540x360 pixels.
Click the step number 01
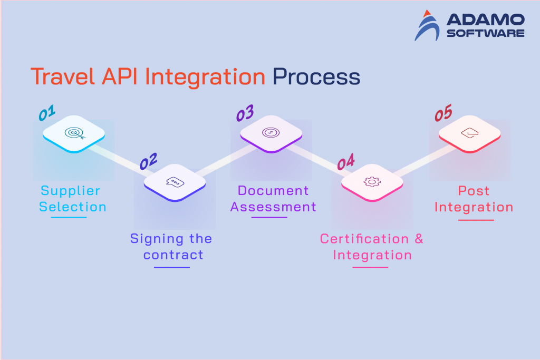[47, 113]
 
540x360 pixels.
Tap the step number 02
[148, 161]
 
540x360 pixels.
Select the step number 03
[245, 113]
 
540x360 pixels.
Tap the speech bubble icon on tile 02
[174, 182]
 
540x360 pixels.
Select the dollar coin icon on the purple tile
[271, 133]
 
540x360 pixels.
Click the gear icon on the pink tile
[372, 182]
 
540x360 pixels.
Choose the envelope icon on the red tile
[469, 133]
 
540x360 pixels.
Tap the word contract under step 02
[173, 255]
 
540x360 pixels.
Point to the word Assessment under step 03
[273, 207]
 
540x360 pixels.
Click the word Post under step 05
[474, 191]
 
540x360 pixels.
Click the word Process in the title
[316, 77]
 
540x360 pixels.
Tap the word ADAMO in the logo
[485, 20]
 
